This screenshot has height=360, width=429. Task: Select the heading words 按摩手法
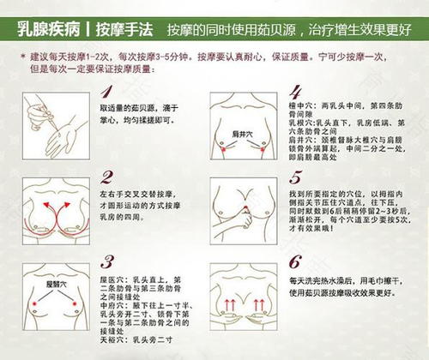tap(125, 27)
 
